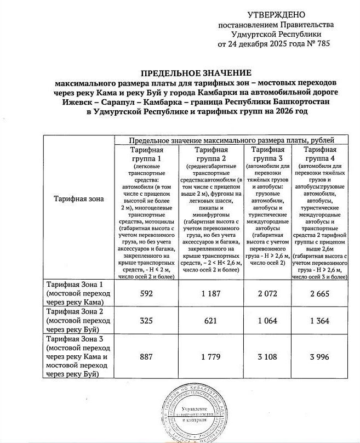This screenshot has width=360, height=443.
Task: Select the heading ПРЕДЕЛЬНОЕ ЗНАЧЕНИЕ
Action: click(x=196, y=73)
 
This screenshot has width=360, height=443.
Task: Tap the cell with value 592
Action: click(x=146, y=293)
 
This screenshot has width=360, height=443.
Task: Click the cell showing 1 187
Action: click(x=209, y=293)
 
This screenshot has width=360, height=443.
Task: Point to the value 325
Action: click(x=146, y=320)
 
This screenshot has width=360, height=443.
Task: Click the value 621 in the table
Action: click(x=209, y=320)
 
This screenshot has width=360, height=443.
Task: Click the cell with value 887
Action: click(x=146, y=356)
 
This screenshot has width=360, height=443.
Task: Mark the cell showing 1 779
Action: click(x=209, y=356)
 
